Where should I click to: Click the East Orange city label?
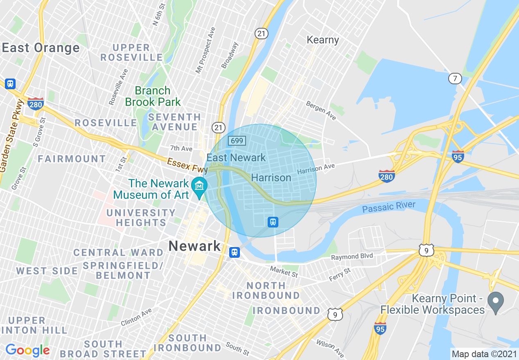[41, 48]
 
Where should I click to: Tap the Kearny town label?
[323, 40]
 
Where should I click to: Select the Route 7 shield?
[455, 79]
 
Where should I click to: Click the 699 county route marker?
[237, 141]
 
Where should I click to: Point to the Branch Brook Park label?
[153, 96]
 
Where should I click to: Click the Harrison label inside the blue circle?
[271, 178]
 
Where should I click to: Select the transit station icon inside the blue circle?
[273, 222]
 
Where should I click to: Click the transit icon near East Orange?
[10, 84]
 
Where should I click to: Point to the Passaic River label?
[388, 207]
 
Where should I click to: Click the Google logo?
[27, 350]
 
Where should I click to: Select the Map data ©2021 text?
[484, 353]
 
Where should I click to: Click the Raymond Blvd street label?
[352, 256]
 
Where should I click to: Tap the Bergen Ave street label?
[321, 110]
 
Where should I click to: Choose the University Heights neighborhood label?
[140, 218]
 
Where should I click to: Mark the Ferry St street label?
[340, 274]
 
